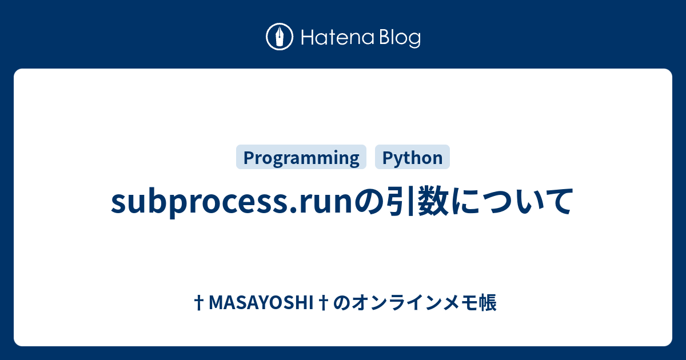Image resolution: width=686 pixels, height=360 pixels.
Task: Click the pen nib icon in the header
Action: [x=280, y=38]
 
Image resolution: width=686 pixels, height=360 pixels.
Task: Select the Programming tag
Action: [x=301, y=157]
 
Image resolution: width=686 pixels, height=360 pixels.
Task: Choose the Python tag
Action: [x=412, y=157]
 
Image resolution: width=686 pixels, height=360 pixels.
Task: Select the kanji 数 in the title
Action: [x=433, y=201]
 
